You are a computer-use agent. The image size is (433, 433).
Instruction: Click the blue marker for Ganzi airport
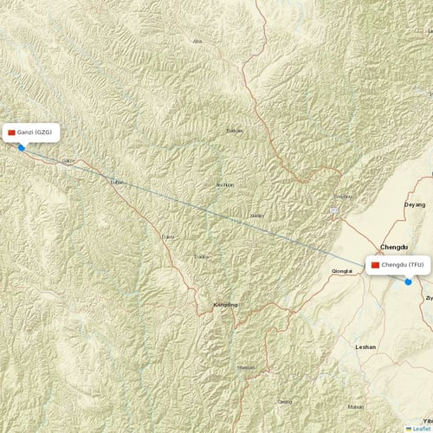click(21, 147)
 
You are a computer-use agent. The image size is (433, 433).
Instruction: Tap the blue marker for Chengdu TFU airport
click(408, 281)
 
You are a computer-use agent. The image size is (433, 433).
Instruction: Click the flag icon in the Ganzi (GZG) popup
click(11, 132)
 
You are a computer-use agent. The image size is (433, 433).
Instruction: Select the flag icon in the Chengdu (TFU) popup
click(375, 264)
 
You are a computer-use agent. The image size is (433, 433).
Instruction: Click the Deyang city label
click(415, 204)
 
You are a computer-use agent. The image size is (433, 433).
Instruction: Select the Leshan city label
click(365, 346)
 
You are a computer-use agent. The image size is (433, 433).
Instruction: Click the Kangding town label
click(225, 306)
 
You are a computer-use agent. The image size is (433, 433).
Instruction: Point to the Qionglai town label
click(341, 271)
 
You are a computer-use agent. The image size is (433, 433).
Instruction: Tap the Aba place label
click(197, 41)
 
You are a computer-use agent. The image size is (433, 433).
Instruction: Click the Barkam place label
click(234, 131)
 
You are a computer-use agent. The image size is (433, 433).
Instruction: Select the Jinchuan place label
click(224, 185)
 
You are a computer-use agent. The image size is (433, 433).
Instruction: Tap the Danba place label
click(201, 256)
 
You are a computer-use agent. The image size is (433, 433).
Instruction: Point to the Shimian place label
click(246, 367)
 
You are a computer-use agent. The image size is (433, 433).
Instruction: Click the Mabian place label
click(355, 406)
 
